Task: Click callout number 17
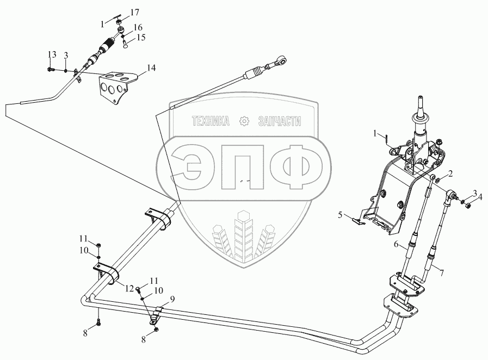(x=135, y=12)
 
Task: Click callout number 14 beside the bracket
(x=151, y=68)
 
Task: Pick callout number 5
(x=339, y=215)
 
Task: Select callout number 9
(x=172, y=299)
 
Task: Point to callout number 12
(x=129, y=288)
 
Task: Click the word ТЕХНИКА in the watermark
(x=211, y=122)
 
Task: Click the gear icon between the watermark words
(x=244, y=121)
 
